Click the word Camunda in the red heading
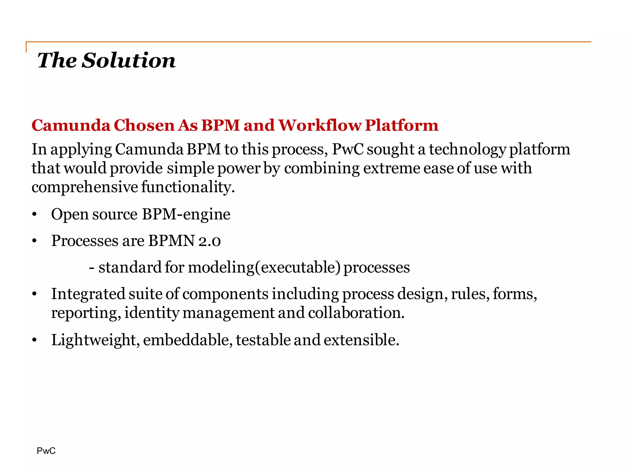(71, 125)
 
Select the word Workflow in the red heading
(320, 125)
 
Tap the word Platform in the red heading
(401, 125)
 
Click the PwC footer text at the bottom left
(46, 451)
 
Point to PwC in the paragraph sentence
(348, 150)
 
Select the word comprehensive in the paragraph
(85, 187)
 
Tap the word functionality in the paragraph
(188, 187)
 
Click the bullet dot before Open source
(34, 215)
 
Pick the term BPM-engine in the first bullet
(186, 214)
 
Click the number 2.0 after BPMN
(209, 241)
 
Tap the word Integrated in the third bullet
(88, 294)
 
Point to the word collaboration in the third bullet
(356, 313)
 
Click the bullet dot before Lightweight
(34, 340)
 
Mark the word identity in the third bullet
(151, 313)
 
